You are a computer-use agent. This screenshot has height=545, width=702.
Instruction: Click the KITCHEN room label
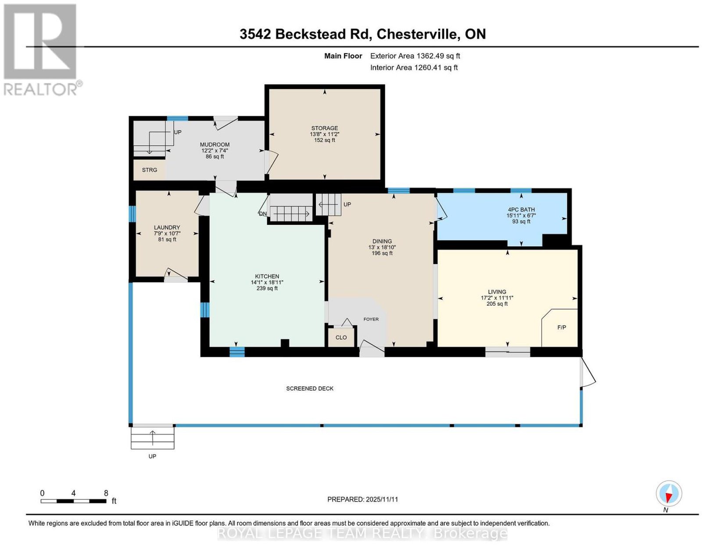[x=267, y=276]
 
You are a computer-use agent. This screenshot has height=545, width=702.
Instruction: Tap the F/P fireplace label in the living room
[x=562, y=327]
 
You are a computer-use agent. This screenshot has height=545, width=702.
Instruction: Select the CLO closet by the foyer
[x=341, y=337]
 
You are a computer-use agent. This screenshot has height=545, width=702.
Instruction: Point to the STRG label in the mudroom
[x=149, y=170]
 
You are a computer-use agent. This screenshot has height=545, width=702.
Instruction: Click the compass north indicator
[x=669, y=494]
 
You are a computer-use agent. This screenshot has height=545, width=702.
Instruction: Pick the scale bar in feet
[x=74, y=501]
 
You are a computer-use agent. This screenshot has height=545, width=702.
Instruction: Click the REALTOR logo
[x=41, y=50]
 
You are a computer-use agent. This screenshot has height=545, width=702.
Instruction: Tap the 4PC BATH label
[x=521, y=210]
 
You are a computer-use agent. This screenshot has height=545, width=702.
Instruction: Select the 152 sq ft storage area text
[x=324, y=140]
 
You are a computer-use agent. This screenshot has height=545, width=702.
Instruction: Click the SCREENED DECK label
[x=309, y=388]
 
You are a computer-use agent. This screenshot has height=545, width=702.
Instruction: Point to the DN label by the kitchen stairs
[x=263, y=214]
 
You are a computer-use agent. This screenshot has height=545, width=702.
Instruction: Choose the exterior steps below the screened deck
[x=153, y=437]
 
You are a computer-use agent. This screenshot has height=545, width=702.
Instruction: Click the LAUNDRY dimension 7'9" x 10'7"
[x=167, y=233]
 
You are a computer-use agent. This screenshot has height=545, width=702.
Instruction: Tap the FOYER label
[x=371, y=319]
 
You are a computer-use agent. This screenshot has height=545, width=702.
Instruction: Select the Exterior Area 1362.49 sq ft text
[x=415, y=56]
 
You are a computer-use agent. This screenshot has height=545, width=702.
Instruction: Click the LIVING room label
[x=497, y=292]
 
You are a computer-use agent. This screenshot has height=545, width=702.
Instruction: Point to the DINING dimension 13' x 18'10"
[x=382, y=247]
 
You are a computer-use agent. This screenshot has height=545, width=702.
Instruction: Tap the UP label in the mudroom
[x=178, y=132]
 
